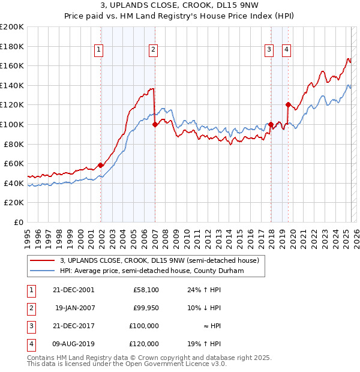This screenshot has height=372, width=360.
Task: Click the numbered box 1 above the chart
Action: [x=98, y=50]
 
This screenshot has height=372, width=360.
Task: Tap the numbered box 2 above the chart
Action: [x=154, y=50]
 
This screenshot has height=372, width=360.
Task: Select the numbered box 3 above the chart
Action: [x=269, y=50]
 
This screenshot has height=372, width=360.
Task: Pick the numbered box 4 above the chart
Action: [x=287, y=50]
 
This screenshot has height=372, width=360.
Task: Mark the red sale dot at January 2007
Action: [x=155, y=125]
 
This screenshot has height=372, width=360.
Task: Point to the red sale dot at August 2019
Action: [x=288, y=105]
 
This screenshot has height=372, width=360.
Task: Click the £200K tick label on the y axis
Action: [x=12, y=27]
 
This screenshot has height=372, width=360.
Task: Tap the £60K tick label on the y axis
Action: [x=14, y=163]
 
